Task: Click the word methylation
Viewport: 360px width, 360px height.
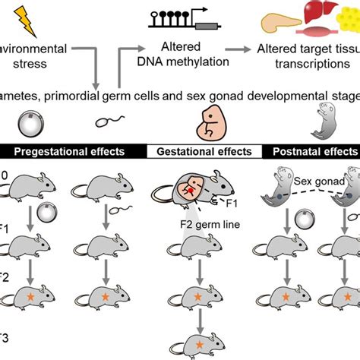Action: [x=192, y=62]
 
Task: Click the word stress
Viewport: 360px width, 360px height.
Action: [x=34, y=62]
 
